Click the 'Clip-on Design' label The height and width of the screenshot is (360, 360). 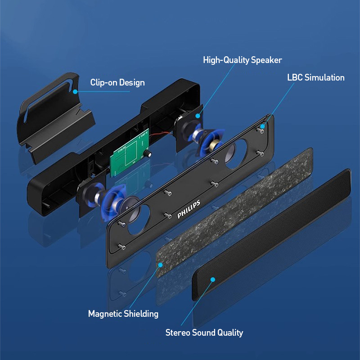coord(117,83)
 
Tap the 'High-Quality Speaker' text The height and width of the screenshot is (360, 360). coord(243,60)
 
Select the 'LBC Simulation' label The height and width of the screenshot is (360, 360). coord(316,77)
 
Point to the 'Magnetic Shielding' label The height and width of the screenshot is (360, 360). coord(123,314)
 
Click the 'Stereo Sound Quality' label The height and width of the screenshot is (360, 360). coord(204,333)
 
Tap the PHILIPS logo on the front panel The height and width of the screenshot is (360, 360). coord(189,209)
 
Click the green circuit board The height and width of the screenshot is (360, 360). coord(130,153)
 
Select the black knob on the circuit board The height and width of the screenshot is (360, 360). coord(147,154)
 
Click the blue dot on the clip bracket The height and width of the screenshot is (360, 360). coord(75,92)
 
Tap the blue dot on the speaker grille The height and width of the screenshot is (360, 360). coord(213,279)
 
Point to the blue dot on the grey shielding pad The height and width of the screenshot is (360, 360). coord(161,265)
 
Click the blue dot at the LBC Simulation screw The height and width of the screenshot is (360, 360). coord(262,126)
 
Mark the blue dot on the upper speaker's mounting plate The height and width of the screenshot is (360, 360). coord(198,116)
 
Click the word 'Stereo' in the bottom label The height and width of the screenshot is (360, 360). coord(178,333)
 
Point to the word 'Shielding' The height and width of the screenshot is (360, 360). coord(140,314)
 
